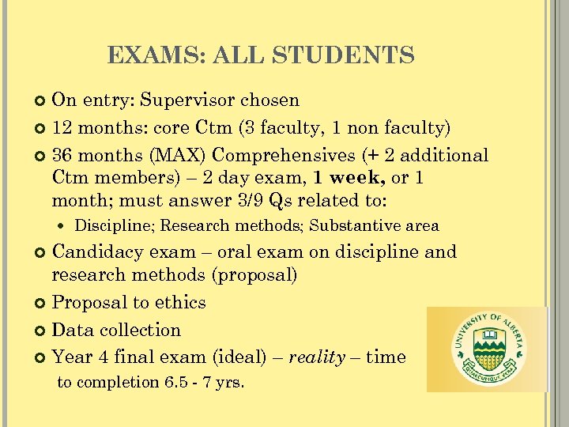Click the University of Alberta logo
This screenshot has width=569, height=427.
coord(487,350)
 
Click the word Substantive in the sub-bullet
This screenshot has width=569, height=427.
coord(353,226)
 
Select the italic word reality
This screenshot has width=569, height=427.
coord(317,357)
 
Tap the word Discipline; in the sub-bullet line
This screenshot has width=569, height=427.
coord(115,226)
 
